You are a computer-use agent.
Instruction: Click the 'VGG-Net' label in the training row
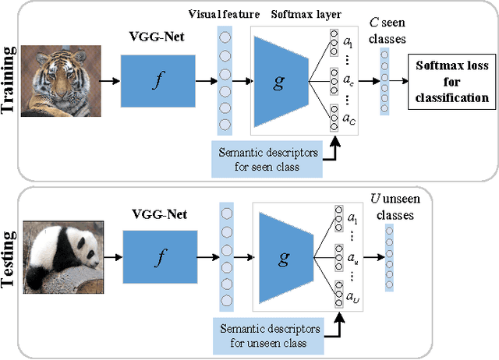point(153,35)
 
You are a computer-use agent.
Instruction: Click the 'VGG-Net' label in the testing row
point(153,214)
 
